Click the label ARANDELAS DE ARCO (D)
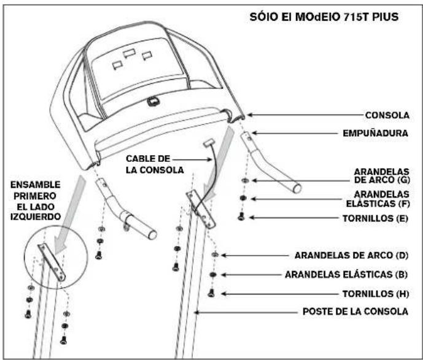click(x=351, y=255)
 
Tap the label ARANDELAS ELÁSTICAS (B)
click(x=346, y=274)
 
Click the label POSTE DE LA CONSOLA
click(x=355, y=312)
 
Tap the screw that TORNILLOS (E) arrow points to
click(x=241, y=216)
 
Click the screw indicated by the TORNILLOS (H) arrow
click(x=211, y=293)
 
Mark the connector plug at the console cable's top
click(x=209, y=142)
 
